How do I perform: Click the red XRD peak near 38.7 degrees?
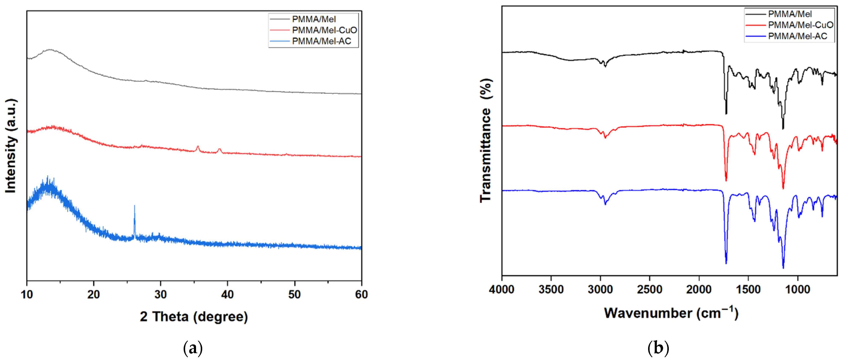[x=219, y=150]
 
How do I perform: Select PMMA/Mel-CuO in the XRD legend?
[x=324, y=30]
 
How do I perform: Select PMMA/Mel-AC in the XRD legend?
[x=321, y=41]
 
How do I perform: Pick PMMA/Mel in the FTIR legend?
[x=790, y=14]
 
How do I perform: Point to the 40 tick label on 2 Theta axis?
[x=227, y=295]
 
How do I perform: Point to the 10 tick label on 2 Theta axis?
[x=27, y=295]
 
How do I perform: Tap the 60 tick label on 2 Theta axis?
[x=361, y=295]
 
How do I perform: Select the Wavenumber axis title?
[x=671, y=313]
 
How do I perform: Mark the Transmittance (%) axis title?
[x=486, y=140]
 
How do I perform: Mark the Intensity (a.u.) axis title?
[x=11, y=146]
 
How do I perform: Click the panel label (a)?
[x=193, y=348]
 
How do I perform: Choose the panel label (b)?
[x=658, y=348]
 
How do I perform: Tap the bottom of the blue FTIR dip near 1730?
[x=726, y=263]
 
